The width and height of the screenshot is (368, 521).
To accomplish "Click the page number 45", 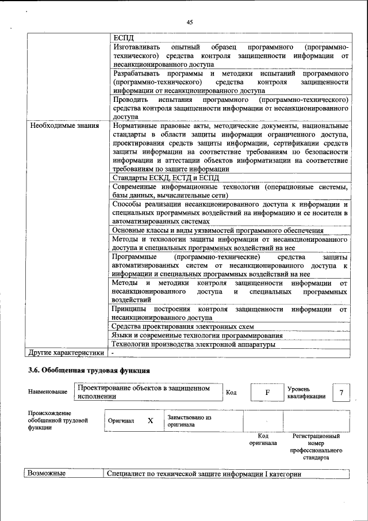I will click(190, 22).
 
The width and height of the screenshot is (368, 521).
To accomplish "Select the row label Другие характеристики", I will click(67, 352).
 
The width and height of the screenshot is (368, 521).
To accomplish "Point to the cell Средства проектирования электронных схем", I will click(183, 326).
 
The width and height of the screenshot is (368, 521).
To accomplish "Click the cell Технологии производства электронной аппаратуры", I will click(193, 344).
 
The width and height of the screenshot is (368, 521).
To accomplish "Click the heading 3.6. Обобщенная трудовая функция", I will click(89, 370).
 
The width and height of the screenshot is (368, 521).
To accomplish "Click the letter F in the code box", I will click(267, 393).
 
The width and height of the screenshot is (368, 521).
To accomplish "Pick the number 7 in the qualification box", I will click(341, 393).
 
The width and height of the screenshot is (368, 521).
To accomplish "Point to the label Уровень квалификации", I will click(306, 393).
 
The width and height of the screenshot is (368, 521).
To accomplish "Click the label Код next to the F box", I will click(232, 393).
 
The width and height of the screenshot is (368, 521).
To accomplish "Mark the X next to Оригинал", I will click(150, 421).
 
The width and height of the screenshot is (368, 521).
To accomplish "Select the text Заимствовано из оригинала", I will click(190, 421).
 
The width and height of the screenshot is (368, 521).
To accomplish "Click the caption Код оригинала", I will click(263, 440).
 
